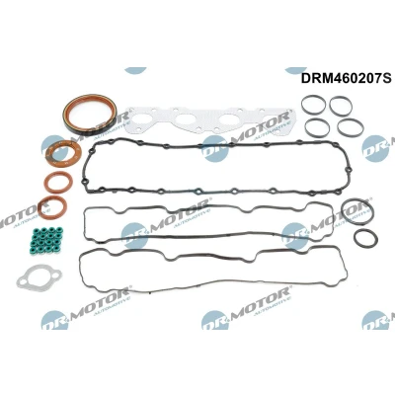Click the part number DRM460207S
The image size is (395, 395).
(347, 78)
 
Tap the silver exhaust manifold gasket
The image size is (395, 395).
(210, 120)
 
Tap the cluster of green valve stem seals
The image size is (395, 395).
(47, 238)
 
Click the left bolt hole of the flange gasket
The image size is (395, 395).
(23, 281)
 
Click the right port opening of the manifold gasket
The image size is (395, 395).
(229, 120)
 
